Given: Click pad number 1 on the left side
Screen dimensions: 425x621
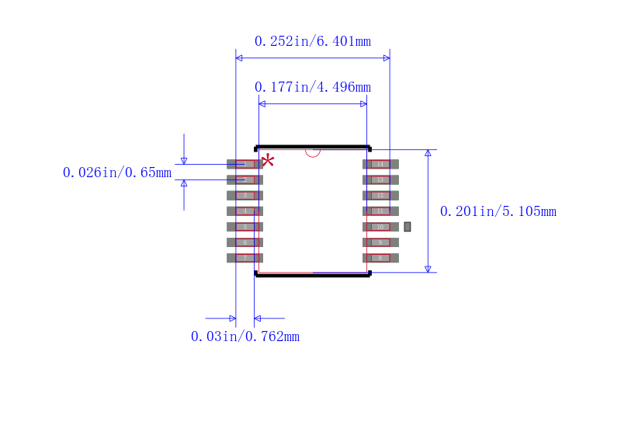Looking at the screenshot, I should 245,164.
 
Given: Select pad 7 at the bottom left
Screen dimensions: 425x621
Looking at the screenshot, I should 245,258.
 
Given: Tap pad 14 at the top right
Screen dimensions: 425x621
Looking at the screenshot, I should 380,164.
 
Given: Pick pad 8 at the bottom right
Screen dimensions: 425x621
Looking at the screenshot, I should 380,258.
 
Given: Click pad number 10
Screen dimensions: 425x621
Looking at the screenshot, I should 380,227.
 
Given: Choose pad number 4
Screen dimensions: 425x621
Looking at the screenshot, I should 245,211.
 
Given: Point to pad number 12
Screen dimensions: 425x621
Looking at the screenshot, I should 380,195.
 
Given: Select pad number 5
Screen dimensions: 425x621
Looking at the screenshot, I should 245,227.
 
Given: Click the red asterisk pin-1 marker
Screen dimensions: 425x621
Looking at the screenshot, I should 268,161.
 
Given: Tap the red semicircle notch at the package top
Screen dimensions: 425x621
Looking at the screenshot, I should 313,153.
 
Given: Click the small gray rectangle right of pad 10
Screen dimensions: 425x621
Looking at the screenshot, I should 408,227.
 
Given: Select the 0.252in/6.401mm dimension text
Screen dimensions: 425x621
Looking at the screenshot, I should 313,41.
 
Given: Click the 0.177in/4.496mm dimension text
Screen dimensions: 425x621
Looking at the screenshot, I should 313,87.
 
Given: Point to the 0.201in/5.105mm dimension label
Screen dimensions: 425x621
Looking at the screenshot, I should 498,211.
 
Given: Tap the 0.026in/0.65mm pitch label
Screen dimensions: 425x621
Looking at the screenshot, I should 117,172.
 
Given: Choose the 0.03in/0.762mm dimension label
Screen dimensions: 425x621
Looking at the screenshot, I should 245,336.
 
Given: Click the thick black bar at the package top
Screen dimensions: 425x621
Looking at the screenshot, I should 313,146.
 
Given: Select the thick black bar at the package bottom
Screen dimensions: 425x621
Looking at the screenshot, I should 313,275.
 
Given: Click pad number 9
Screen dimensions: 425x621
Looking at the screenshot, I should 380,242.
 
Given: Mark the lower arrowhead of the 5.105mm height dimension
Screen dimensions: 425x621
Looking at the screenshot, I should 428,268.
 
